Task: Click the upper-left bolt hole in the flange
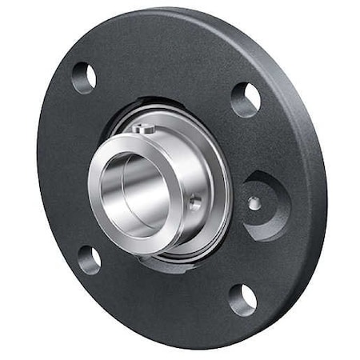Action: [84, 78]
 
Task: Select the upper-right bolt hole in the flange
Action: [246, 100]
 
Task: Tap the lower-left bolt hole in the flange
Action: [90, 258]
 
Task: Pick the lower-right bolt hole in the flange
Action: [242, 299]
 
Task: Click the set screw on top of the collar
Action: [142, 128]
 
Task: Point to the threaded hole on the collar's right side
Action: [195, 204]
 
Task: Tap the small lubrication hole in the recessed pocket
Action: [254, 203]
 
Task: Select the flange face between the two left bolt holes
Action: [68, 168]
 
